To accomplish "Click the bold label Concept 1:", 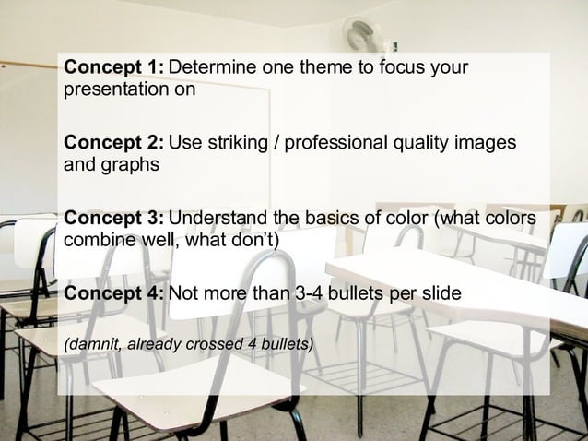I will pyautogui.click(x=113, y=68).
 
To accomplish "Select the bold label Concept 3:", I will pyautogui.click(x=113, y=219).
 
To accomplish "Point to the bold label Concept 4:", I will pyautogui.click(x=113, y=294).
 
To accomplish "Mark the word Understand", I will pyautogui.click(x=218, y=219).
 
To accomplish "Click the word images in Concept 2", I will pyautogui.click(x=485, y=144).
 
